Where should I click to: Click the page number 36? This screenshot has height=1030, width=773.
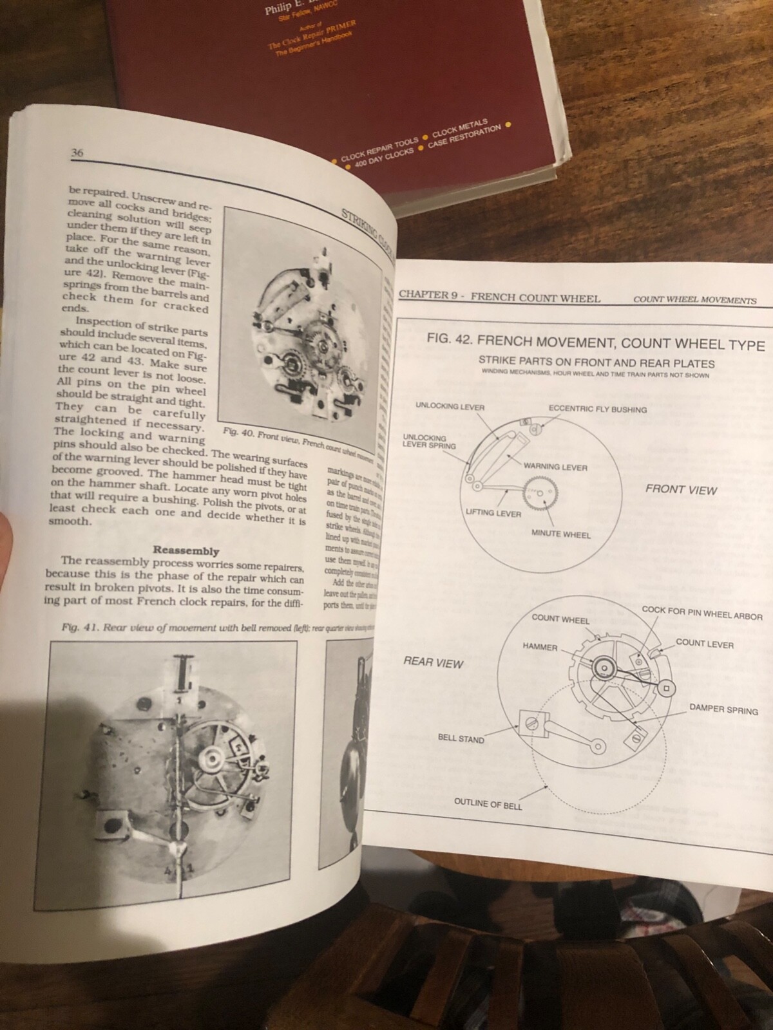coord(77,153)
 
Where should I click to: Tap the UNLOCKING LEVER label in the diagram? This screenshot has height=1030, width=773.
coord(450,407)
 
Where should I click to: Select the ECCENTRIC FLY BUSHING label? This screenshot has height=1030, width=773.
coord(597,409)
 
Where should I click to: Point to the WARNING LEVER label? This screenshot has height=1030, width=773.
coord(555,467)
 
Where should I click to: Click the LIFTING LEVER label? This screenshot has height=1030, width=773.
coord(493,513)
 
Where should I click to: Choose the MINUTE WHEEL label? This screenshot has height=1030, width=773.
coord(560,534)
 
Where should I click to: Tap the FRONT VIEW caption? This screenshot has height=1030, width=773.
coord(681,490)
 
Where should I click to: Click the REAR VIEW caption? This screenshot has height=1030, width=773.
coord(433,662)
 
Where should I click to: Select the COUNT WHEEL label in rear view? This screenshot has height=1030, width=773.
coord(560,619)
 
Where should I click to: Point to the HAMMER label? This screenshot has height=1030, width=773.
coord(540,647)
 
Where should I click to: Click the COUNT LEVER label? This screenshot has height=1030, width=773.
coord(704,644)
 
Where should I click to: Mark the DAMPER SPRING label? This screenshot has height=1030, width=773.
coord(723,710)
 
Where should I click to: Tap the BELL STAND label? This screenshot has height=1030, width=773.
coord(461,739)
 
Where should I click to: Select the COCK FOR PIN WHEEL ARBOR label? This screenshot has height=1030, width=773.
coord(701,613)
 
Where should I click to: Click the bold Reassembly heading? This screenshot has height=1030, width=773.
coord(186,551)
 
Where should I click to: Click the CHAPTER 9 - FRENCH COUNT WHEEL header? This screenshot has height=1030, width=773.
coord(499,297)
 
